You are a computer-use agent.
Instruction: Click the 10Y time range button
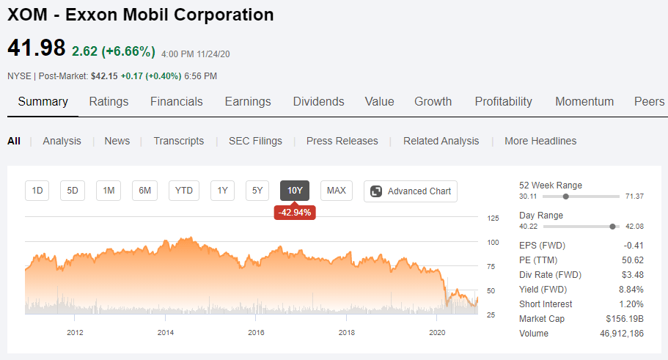pyautogui.click(x=295, y=191)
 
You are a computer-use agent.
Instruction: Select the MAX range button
pyautogui.click(x=336, y=191)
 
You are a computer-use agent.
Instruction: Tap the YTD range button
pyautogui.click(x=183, y=191)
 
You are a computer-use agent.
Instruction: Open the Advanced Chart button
pyautogui.click(x=410, y=191)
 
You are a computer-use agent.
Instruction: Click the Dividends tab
pyautogui.click(x=319, y=101)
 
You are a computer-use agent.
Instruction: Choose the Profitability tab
pyautogui.click(x=503, y=102)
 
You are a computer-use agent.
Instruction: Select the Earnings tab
pyautogui.click(x=248, y=102)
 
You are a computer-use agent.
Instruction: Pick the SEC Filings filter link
pyautogui.click(x=255, y=141)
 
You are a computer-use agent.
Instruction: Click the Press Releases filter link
pyautogui.click(x=342, y=141)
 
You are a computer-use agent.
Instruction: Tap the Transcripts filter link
pyautogui.click(x=178, y=141)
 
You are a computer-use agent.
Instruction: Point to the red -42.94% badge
pyautogui.click(x=295, y=212)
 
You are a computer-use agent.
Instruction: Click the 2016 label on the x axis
pyautogui.click(x=256, y=332)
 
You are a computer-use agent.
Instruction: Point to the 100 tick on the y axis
pyautogui.click(x=493, y=243)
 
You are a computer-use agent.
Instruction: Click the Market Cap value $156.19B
pyautogui.click(x=625, y=319)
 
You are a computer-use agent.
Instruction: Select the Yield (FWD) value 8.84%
pyautogui.click(x=631, y=290)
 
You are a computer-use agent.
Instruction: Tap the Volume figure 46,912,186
pyautogui.click(x=622, y=334)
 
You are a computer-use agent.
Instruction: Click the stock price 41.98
pyautogui.click(x=37, y=48)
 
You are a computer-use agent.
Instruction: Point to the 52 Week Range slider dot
pyautogui.click(x=566, y=196)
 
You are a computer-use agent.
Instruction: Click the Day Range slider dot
pyautogui.click(x=612, y=227)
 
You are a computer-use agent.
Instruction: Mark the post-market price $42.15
pyautogui.click(x=104, y=76)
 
